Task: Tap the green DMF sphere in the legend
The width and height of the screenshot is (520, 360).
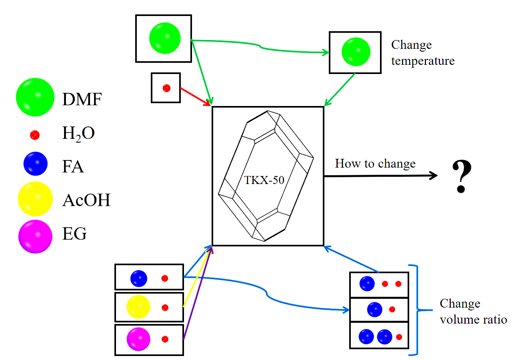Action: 35,97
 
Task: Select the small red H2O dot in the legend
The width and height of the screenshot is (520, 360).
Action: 35,135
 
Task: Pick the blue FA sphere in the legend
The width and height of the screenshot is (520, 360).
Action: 36,164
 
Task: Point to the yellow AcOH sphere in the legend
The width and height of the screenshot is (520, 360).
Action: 35,199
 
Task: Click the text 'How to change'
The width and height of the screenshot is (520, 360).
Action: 375,164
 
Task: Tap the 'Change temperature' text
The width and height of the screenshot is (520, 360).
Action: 422,53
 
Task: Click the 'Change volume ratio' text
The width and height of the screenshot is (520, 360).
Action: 473,312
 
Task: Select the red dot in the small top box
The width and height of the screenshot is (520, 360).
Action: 166,88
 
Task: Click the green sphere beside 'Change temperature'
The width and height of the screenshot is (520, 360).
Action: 356,52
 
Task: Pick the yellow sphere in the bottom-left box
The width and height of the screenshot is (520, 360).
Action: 138,307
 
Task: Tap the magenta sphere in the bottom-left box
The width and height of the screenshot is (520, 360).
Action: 138,339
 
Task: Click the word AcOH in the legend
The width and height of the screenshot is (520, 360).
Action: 86,200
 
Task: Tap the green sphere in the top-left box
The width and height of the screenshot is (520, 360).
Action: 164,38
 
